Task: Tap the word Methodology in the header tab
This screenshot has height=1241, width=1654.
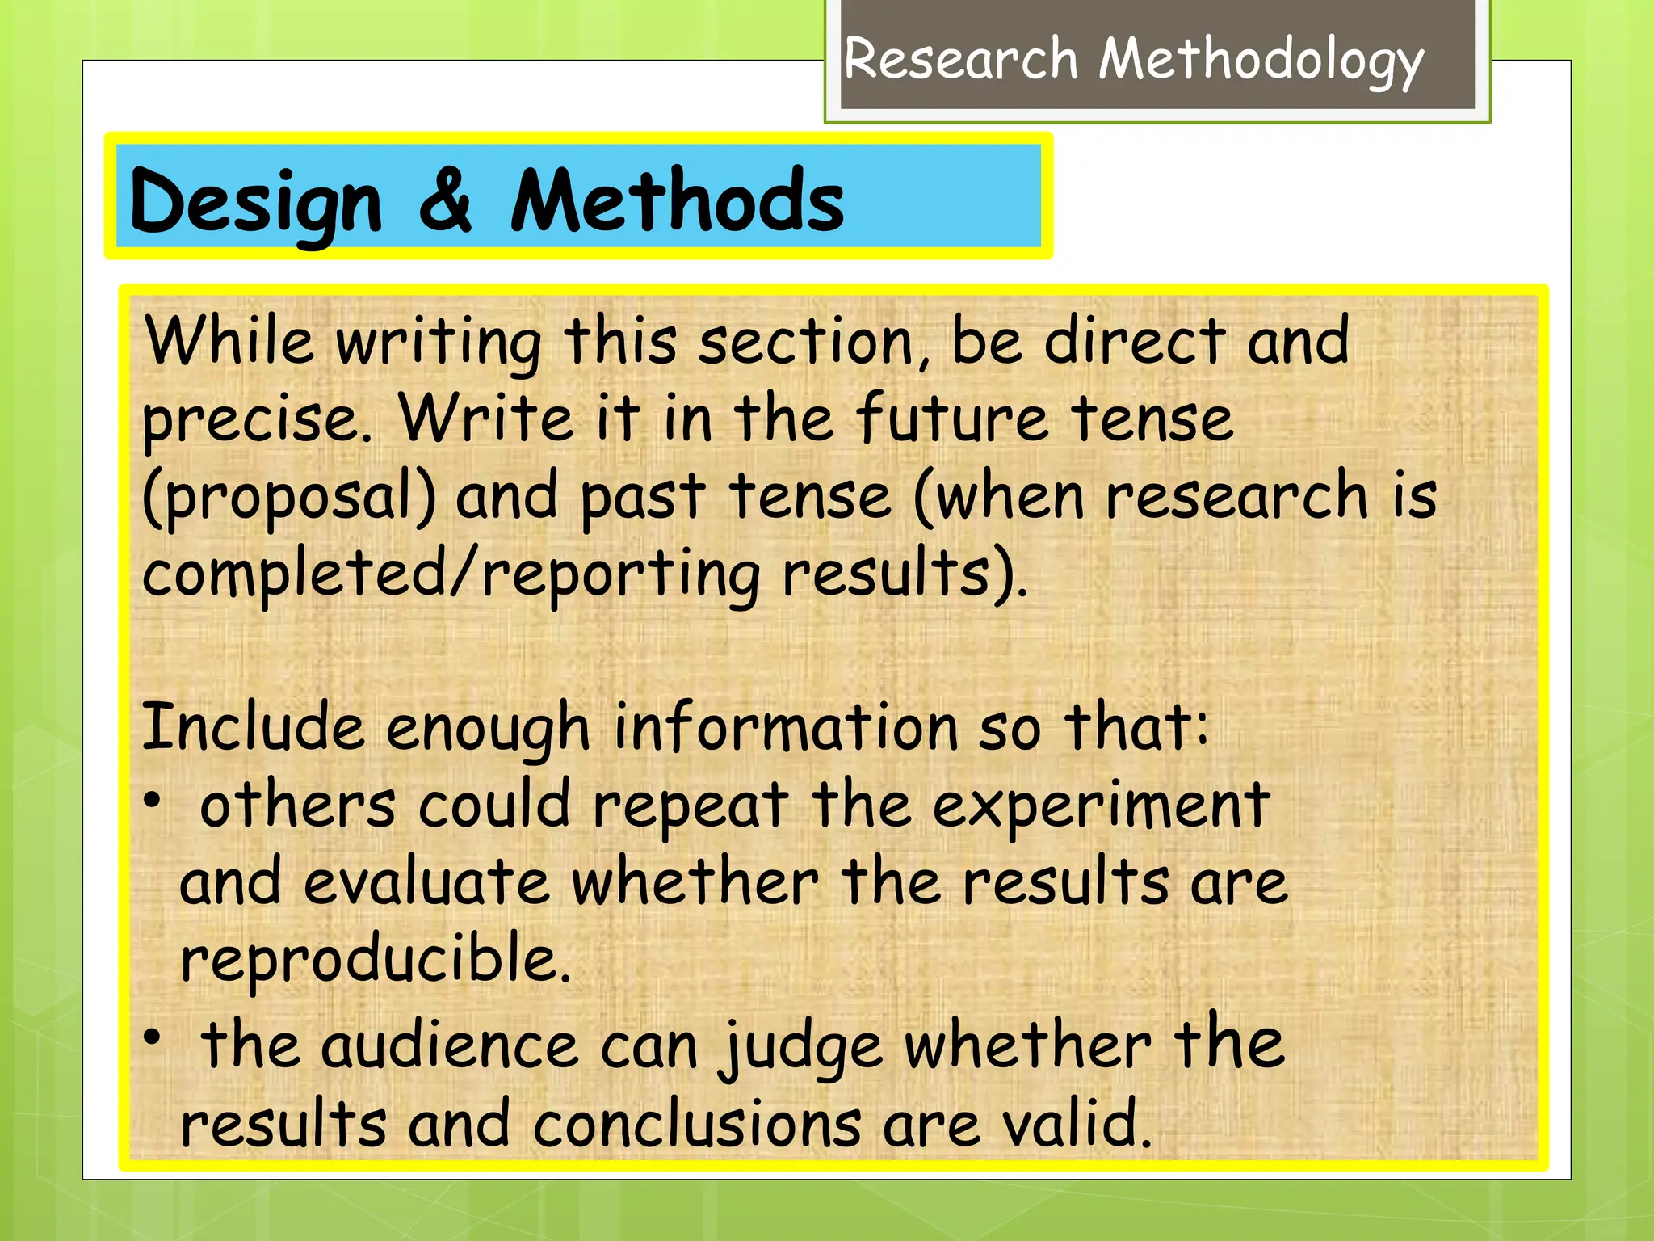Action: pos(1261,61)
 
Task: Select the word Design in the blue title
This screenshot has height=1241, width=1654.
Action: pos(255,202)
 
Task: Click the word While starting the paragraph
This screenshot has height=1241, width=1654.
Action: pos(229,341)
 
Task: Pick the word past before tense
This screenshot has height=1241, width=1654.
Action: pos(643,496)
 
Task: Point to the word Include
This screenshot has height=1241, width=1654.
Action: pos(253,726)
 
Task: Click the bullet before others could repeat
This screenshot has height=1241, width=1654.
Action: pos(153,801)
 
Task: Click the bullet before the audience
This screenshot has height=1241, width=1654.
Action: pos(153,1037)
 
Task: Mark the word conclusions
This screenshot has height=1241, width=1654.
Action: pos(697,1125)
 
